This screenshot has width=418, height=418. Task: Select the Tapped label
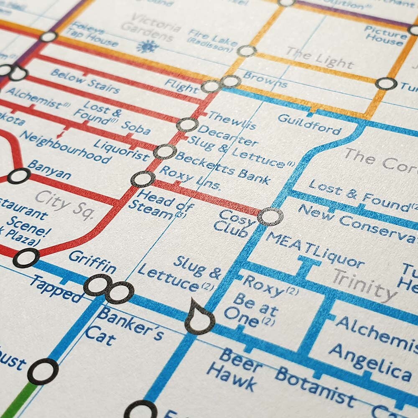(56, 288)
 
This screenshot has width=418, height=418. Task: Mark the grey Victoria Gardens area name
(150, 28)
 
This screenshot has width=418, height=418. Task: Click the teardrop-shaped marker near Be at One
(199, 318)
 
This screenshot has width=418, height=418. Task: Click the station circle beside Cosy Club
(270, 217)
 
